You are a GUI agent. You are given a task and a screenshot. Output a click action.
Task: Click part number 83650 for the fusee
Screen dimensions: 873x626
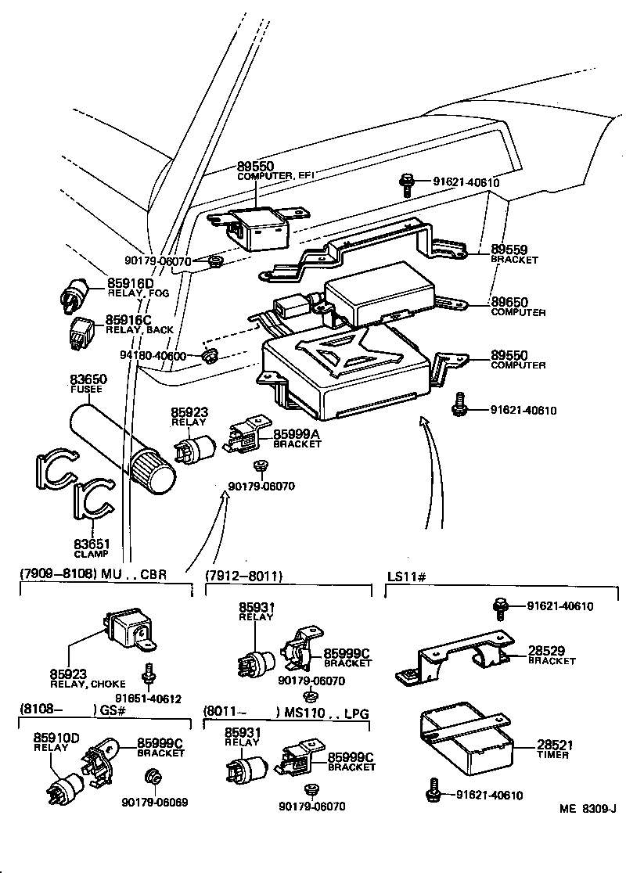pos(89,379)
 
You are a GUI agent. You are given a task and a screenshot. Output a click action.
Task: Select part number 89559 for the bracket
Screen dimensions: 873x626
pos(509,250)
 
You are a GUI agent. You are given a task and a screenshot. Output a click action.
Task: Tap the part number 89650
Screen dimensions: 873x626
pos(509,302)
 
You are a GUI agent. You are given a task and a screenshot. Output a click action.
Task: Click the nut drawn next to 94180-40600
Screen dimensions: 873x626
pos(208,357)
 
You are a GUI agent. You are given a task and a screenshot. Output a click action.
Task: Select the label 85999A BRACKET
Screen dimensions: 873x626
pos(297,438)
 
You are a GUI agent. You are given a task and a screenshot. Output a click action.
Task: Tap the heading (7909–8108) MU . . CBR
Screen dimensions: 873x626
pos(93,574)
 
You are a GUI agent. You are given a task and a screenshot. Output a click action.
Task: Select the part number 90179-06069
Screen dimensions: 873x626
pos(154,802)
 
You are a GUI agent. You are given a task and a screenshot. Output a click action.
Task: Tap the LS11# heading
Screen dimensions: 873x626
pos(406,576)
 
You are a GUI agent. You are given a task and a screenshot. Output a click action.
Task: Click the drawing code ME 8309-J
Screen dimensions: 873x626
pos(588,810)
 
